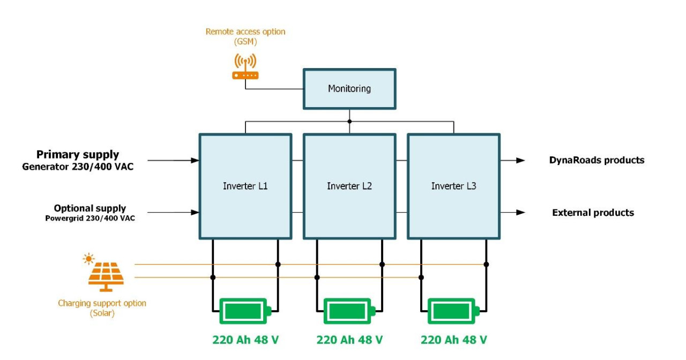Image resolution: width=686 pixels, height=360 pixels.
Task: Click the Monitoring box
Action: click(x=349, y=89)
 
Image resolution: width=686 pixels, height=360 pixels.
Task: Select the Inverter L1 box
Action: click(x=245, y=186)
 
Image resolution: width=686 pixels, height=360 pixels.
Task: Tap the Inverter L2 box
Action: click(x=349, y=186)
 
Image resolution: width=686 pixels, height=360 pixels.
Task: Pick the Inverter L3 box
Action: click(x=453, y=186)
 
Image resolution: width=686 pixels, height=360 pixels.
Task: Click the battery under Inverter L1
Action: click(x=245, y=311)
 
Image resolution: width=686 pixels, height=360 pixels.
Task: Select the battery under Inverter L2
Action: click(x=349, y=311)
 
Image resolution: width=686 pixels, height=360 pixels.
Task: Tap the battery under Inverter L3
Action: click(x=453, y=311)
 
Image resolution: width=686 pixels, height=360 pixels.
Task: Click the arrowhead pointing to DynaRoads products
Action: click(x=520, y=160)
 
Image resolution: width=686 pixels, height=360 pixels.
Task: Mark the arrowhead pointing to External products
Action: click(x=520, y=213)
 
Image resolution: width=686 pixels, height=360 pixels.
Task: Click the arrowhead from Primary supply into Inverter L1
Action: click(x=195, y=160)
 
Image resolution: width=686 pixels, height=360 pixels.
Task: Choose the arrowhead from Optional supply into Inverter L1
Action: click(x=195, y=213)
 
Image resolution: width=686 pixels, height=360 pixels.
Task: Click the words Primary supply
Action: click(x=78, y=155)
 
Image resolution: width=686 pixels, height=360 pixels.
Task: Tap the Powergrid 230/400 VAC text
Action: click(x=90, y=218)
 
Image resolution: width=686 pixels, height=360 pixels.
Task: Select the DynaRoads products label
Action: click(x=596, y=160)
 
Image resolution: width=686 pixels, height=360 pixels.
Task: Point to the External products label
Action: click(x=593, y=213)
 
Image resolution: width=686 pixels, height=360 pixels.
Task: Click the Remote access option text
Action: click(x=245, y=32)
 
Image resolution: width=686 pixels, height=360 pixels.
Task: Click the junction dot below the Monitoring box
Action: click(x=349, y=122)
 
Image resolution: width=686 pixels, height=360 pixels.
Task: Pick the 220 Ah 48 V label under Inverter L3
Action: click(x=453, y=340)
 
